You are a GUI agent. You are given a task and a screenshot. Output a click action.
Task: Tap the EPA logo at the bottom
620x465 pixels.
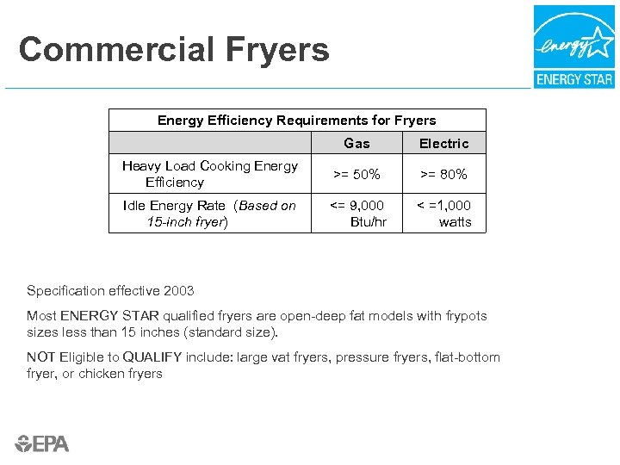42,443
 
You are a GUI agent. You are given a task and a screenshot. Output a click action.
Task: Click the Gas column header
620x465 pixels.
356,144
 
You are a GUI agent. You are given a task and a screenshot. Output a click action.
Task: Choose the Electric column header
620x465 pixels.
443,144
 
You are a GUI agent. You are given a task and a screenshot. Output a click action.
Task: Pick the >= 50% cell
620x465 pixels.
356,175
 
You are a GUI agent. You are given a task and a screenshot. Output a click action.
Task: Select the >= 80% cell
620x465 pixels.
443,175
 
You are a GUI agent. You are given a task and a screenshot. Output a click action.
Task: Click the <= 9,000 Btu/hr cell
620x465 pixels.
357,214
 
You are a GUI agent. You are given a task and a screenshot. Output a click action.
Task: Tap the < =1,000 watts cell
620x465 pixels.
444,214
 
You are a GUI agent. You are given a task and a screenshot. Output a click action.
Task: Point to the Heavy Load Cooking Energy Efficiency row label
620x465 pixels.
209,174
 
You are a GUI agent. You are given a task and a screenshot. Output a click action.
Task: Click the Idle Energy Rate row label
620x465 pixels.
208,214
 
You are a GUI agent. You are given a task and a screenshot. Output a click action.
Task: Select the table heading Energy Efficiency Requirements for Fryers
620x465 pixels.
296,121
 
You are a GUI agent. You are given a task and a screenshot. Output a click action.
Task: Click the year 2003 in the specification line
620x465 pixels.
177,291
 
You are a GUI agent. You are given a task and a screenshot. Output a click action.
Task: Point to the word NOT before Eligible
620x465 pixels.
41,357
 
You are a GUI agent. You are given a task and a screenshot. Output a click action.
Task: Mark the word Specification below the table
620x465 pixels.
65,291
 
